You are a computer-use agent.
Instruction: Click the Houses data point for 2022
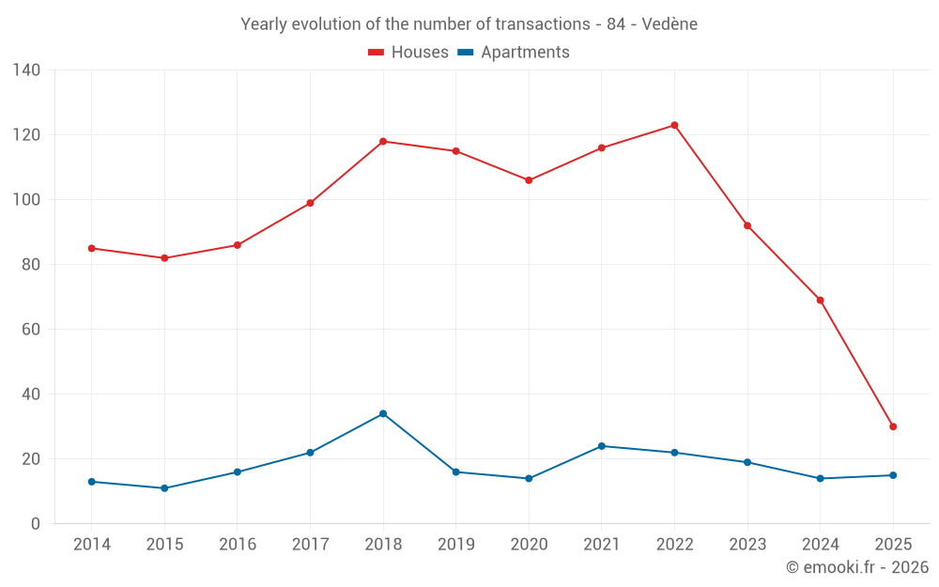[674, 125]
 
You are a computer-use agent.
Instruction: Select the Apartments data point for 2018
[383, 413]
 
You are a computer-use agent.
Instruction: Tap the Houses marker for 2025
[893, 426]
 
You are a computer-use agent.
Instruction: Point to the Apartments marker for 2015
[164, 488]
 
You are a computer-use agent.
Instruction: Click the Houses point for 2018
[383, 141]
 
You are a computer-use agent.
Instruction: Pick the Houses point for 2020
[529, 180]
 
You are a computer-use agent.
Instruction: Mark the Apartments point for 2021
[602, 446]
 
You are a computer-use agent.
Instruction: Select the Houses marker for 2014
[91, 248]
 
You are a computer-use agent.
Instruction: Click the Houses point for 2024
[820, 301]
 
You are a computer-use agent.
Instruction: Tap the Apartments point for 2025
[893, 475]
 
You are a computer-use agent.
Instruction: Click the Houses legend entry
[408, 53]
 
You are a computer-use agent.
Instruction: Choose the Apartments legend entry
[514, 53]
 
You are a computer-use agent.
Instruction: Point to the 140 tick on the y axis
[26, 70]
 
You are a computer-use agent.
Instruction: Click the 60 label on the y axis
[30, 330]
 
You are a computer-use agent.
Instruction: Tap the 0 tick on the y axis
[35, 524]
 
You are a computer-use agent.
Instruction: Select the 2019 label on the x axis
[455, 545]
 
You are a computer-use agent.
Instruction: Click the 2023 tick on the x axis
[747, 545]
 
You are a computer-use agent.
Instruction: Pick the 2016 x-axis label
[237, 545]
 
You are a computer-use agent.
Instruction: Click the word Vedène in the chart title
[670, 24]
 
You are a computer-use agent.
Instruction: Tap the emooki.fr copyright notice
[857, 567]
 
